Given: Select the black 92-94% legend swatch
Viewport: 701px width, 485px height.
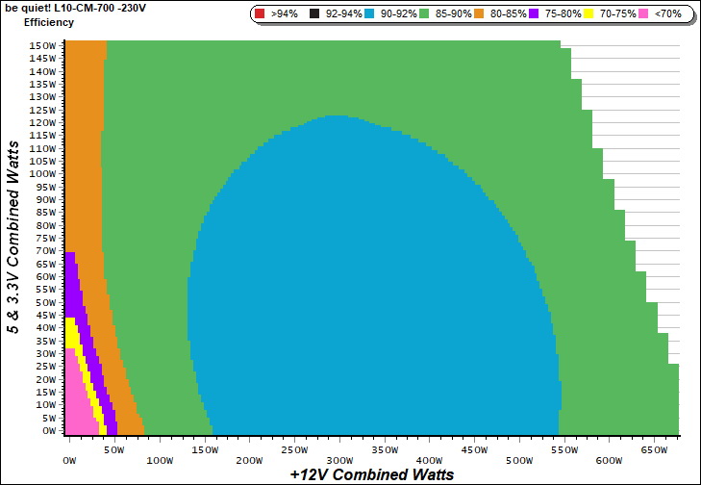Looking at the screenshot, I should (x=315, y=14).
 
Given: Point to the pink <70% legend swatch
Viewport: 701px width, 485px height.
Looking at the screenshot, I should (x=643, y=14).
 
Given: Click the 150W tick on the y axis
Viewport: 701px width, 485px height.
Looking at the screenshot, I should (x=41, y=45).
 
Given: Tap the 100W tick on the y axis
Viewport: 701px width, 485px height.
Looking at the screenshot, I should (x=41, y=174).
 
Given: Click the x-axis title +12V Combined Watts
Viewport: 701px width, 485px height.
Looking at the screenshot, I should (x=371, y=473).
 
